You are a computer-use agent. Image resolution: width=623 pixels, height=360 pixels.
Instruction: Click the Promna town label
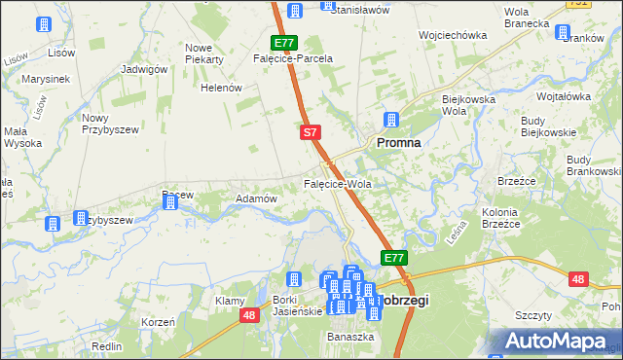pyautogui.click(x=398, y=142)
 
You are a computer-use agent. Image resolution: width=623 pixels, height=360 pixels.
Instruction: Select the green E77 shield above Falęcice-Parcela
pyautogui.click(x=283, y=43)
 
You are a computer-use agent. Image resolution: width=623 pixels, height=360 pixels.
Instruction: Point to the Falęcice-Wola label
pyautogui.click(x=338, y=183)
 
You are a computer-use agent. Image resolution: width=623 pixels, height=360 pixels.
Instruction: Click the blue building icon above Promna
pyautogui.click(x=391, y=121)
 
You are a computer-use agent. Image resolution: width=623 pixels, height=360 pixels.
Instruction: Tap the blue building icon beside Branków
pyautogui.click(x=563, y=32)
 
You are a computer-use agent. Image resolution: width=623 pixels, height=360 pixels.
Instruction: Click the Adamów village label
pyautogui.click(x=258, y=198)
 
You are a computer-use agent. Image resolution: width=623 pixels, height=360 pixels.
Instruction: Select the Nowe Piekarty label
pyautogui.click(x=204, y=54)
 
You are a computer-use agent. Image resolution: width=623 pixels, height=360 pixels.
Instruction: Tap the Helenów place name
pyautogui.click(x=221, y=88)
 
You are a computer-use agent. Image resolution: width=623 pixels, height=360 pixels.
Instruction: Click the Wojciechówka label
pyautogui.click(x=452, y=35)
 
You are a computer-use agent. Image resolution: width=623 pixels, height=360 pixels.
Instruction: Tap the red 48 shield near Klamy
pyautogui.click(x=249, y=314)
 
